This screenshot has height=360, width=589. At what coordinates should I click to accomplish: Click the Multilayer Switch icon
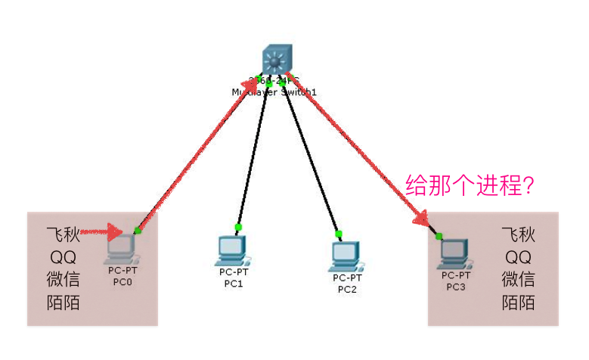click(275, 59)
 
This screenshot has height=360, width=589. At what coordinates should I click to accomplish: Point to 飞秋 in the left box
click(64, 234)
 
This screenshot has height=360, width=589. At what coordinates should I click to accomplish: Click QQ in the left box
click(64, 256)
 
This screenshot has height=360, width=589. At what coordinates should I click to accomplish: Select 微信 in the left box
click(64, 279)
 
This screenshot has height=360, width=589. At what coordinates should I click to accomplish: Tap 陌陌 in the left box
click(64, 303)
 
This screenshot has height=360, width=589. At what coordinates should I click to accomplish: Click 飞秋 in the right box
click(519, 234)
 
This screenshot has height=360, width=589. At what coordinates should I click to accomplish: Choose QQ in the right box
click(519, 256)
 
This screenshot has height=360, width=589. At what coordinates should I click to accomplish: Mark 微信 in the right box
click(519, 279)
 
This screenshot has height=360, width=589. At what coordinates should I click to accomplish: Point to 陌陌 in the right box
click(519, 303)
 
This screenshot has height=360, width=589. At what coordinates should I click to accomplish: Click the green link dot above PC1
click(238, 227)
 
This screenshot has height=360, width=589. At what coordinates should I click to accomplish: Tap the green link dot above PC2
click(339, 233)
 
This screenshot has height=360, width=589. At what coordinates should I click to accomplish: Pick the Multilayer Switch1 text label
click(274, 92)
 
